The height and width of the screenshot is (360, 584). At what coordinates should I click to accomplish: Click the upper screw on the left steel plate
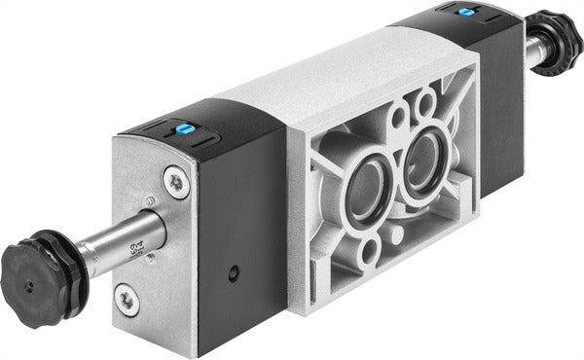(173, 180)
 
